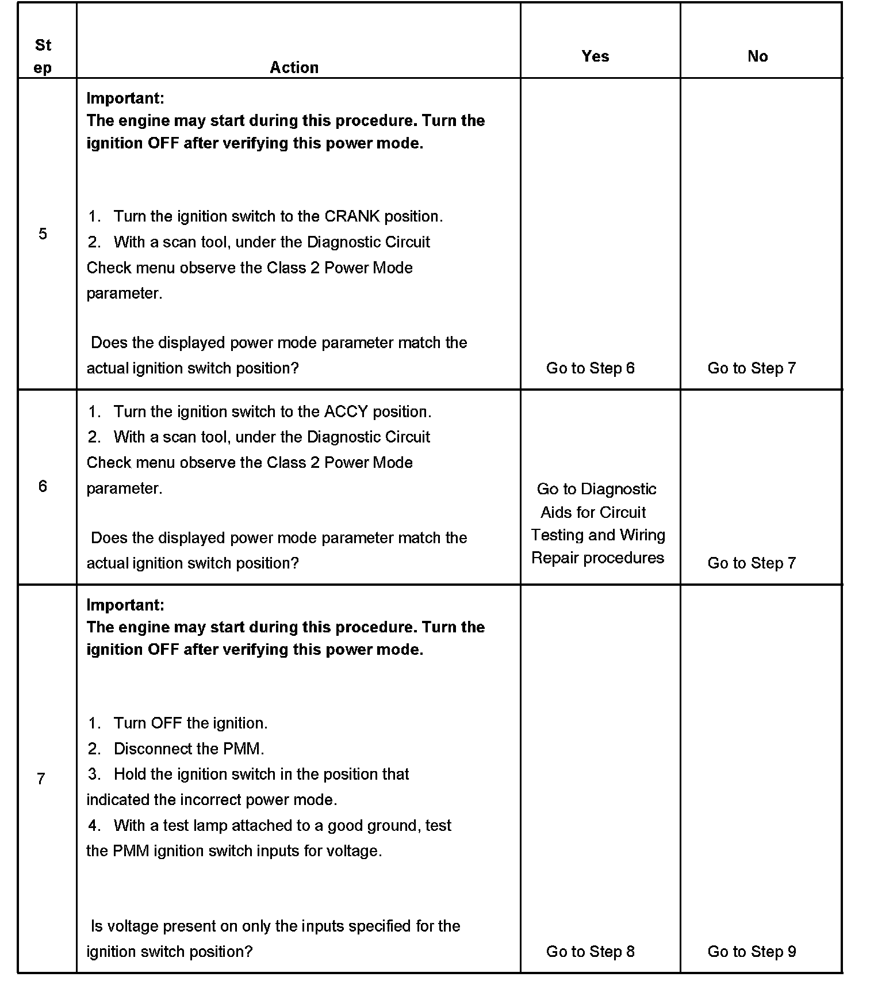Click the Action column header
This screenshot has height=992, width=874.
(294, 67)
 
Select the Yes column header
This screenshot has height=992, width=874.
(595, 56)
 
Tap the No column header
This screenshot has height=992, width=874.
(757, 56)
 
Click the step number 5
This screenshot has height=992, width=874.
(43, 234)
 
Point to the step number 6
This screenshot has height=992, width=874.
(43, 486)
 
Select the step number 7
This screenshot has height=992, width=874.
(41, 779)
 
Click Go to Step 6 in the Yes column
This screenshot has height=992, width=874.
(590, 368)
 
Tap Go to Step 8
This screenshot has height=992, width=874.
(590, 951)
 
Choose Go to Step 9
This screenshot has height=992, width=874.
(752, 951)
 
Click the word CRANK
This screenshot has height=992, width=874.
(352, 216)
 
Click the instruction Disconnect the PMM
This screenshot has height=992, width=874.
(189, 749)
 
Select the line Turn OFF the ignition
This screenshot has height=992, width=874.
(190, 723)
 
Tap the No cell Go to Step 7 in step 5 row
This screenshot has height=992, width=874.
(752, 368)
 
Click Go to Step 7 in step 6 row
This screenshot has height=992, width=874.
(752, 563)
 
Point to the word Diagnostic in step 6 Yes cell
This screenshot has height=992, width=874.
(619, 489)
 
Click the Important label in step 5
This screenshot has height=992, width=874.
(125, 98)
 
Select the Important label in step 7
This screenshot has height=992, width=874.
(125, 605)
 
